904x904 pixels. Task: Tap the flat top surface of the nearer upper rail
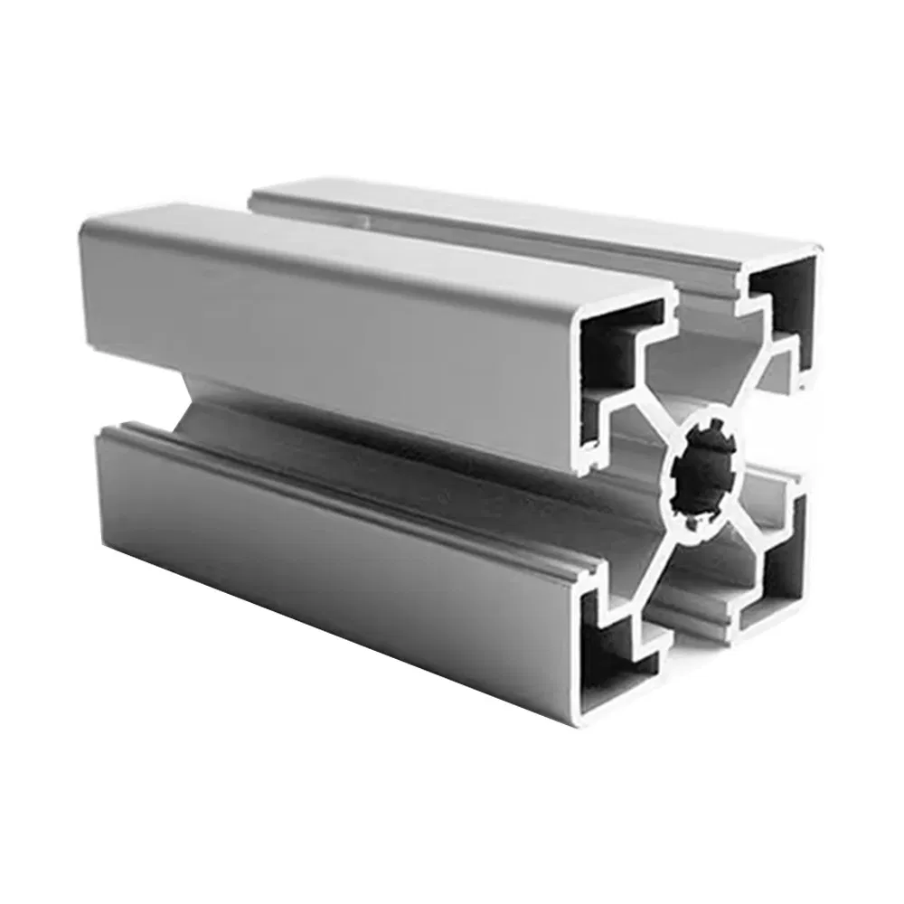tap(362, 244)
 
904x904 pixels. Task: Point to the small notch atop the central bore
tap(713, 423)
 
